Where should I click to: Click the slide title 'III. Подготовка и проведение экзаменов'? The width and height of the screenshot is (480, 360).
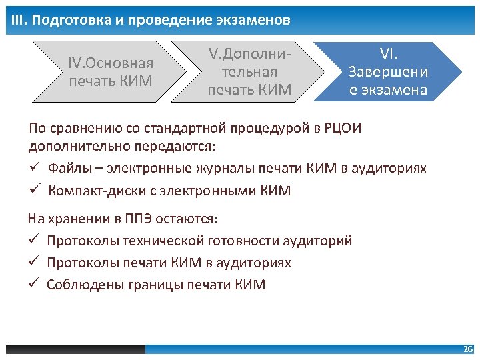pos(151,20)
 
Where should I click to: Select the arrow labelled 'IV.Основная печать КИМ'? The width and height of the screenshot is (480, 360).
pos(111,72)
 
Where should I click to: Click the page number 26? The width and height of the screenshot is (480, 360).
pos(467,349)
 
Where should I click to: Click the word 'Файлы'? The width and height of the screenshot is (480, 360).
pos(69,169)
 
